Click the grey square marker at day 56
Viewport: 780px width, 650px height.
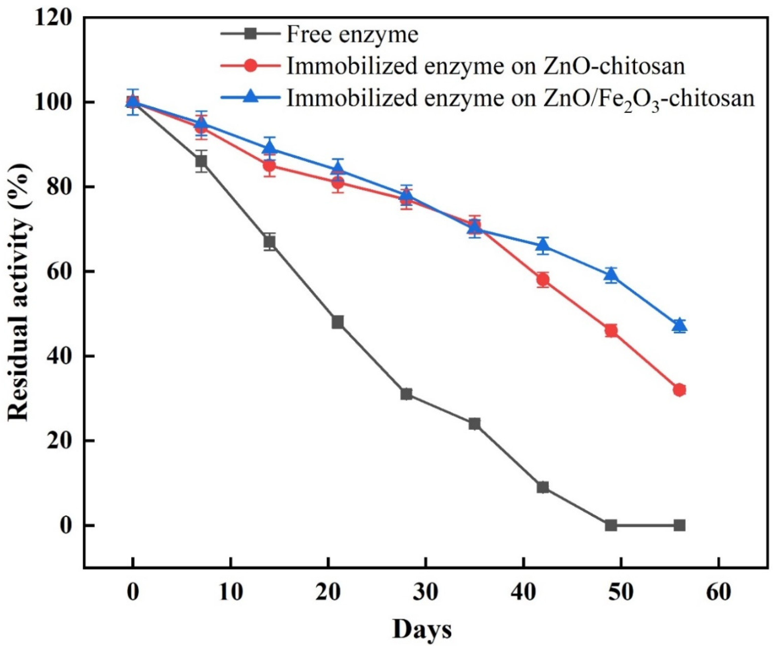click(x=679, y=525)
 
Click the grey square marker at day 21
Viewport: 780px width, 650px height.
click(x=338, y=322)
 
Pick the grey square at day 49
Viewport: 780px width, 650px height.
click(x=611, y=525)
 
